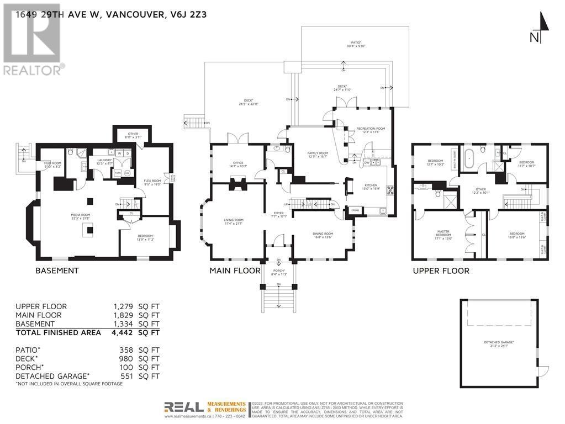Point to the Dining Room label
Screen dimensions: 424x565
tap(324, 235)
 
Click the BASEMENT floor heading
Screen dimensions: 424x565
tap(57, 271)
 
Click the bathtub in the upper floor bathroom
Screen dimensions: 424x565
tap(469, 158)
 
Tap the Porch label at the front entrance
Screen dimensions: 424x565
tap(278, 272)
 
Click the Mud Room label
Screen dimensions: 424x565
tap(45, 165)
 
